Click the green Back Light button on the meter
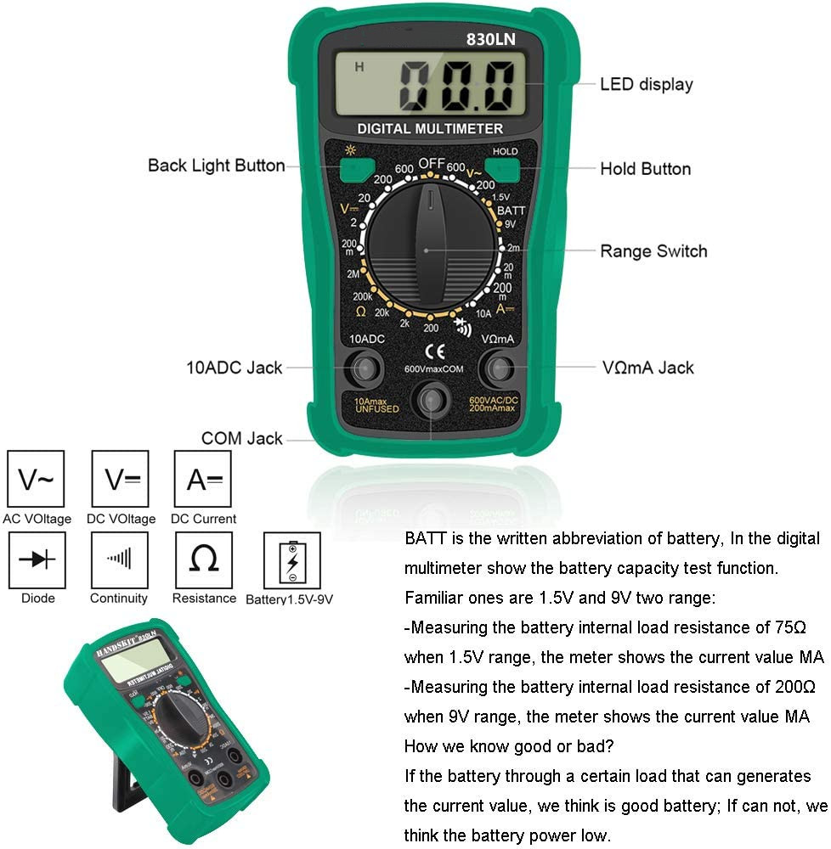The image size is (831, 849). [x=351, y=170]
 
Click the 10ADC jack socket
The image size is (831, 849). [x=367, y=368]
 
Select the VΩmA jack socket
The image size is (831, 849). [x=497, y=368]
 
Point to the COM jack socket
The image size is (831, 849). [x=432, y=399]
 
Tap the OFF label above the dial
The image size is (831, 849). [x=432, y=163]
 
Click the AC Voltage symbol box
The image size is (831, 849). [x=36, y=481]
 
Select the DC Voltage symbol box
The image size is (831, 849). [x=121, y=481]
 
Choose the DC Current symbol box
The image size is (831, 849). [x=203, y=481]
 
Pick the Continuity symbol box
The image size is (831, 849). [x=119, y=559]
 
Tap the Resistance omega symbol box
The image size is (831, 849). [x=203, y=559]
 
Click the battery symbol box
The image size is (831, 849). [x=292, y=560]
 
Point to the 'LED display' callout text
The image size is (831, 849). [x=646, y=84]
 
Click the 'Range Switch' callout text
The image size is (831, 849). [x=653, y=251]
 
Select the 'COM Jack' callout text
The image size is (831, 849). [x=241, y=439]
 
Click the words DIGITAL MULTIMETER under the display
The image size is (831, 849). [x=430, y=129]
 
